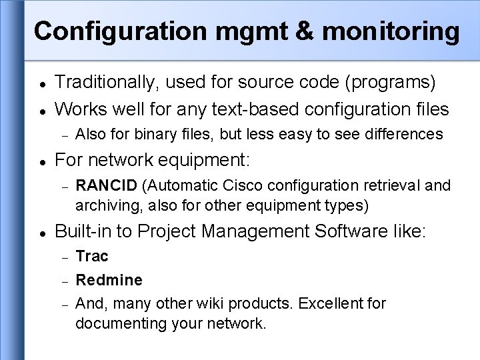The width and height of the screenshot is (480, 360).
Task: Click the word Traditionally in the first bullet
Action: point(109,82)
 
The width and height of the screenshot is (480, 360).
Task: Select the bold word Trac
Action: point(91,256)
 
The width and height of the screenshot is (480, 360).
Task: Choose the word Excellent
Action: point(329,304)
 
